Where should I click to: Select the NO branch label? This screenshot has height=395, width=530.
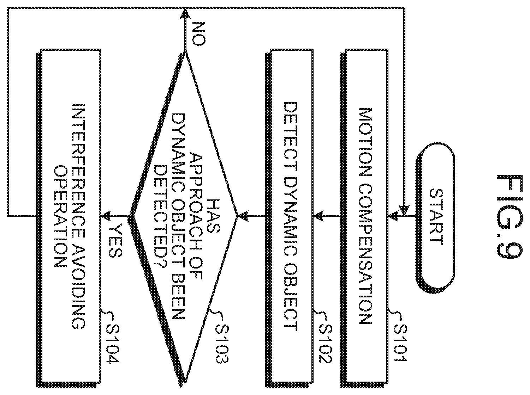[x=199, y=33]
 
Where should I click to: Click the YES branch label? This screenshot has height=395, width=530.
[x=115, y=241]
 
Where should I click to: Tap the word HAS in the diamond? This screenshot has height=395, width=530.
[x=214, y=216]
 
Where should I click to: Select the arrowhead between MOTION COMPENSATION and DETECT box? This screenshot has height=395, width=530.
[x=319, y=216]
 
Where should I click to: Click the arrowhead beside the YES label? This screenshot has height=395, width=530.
[x=106, y=216]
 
